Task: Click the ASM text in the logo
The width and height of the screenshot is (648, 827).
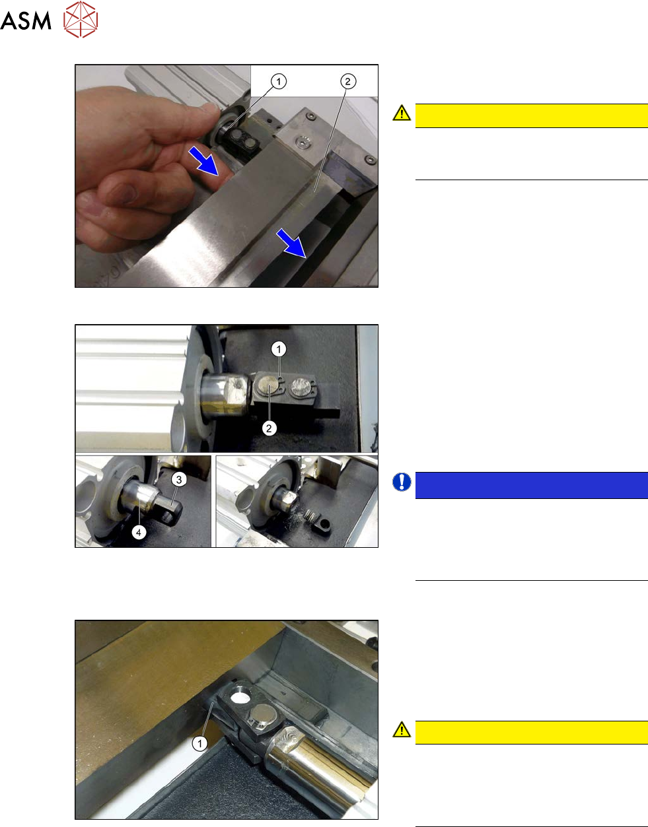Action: (x=26, y=20)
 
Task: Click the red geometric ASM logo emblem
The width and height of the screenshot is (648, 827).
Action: (x=81, y=19)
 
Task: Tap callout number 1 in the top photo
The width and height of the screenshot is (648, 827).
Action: (x=279, y=81)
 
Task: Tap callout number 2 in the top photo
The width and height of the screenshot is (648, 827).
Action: (x=347, y=81)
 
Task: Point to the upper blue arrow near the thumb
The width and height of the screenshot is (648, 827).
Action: (x=203, y=161)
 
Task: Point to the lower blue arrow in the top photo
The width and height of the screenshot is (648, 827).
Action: (x=291, y=244)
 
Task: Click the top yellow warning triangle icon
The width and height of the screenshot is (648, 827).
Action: (x=402, y=113)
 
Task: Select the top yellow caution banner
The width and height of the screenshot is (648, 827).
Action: (x=532, y=116)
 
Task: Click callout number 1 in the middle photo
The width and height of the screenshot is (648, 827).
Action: (x=279, y=349)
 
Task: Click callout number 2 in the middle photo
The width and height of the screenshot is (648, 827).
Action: (x=270, y=428)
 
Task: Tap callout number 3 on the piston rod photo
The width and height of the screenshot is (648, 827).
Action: (x=179, y=480)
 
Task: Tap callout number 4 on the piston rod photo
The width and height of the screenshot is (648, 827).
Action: (x=139, y=533)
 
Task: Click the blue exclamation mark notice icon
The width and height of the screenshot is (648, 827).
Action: (x=402, y=482)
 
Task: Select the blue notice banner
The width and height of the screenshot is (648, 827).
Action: (x=532, y=485)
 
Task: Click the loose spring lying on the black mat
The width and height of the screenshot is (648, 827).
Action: (x=311, y=516)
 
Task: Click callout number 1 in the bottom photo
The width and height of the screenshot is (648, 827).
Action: (x=199, y=743)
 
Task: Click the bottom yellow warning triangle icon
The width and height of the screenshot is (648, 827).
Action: (x=402, y=730)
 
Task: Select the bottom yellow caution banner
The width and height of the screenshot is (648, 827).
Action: (x=532, y=733)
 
